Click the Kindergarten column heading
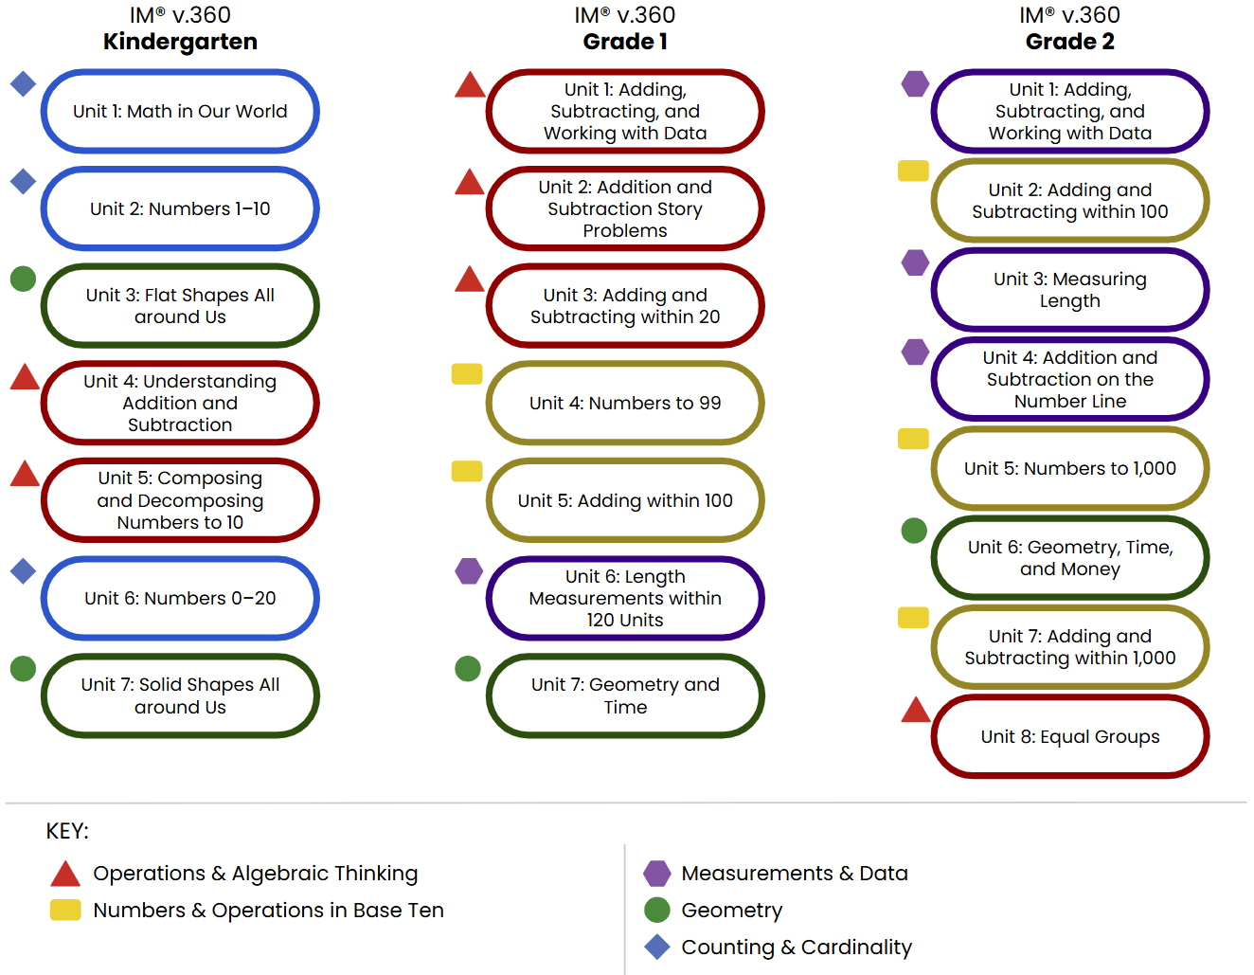(180, 42)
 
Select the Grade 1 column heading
(625, 42)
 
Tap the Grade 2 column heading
(1069, 42)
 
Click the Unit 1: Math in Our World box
(180, 111)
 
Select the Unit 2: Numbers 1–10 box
(180, 208)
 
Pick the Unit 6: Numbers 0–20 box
(180, 598)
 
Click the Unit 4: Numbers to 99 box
(625, 403)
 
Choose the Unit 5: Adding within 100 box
(625, 500)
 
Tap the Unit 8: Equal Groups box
(1069, 736)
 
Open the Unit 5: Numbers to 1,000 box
(1069, 468)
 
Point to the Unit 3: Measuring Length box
(1069, 289)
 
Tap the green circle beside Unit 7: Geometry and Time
(468, 669)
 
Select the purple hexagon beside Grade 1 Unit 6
(469, 571)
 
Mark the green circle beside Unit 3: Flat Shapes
(23, 279)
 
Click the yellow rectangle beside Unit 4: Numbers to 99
(467, 374)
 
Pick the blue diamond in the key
(656, 947)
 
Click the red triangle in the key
(65, 875)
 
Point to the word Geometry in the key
(731, 911)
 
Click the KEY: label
(67, 831)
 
